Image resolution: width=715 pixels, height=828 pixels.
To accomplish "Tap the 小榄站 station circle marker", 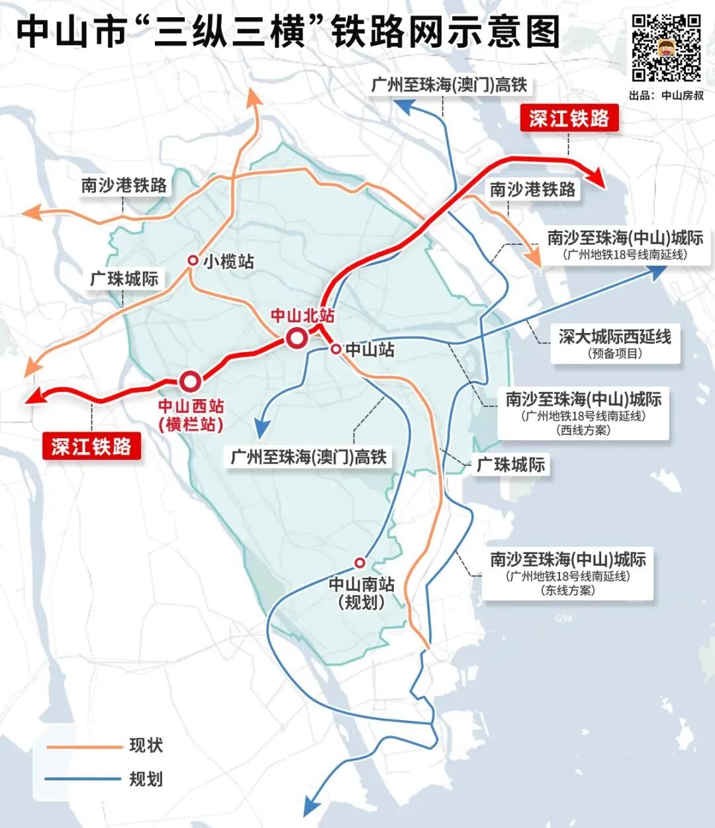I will (193, 261).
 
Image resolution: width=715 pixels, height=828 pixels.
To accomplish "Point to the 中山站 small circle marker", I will (336, 349).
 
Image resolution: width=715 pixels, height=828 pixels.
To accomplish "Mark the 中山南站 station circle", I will (359, 563).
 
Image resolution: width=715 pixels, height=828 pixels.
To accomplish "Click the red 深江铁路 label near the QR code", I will (569, 118).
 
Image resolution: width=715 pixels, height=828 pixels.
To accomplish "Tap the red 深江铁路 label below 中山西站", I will (91, 447).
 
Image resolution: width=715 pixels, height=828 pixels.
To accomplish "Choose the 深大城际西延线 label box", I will (615, 344).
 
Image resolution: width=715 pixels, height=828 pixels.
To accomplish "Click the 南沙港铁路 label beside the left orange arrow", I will (124, 185).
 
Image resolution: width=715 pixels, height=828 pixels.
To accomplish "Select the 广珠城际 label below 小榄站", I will (124, 279).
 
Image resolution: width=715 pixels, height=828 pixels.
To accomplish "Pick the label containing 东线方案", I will (567, 574).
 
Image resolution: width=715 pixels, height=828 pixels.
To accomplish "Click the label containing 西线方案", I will (583, 414).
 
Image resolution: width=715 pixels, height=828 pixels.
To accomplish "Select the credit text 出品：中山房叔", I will (666, 95).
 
